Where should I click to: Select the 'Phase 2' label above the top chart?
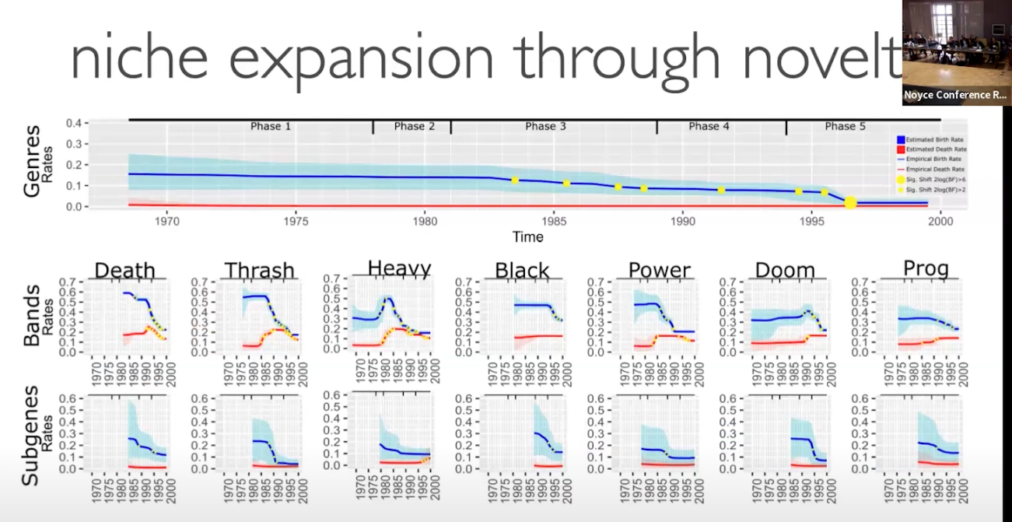coord(415,126)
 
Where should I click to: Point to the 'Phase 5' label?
coord(845,126)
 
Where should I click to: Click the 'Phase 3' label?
coord(545,126)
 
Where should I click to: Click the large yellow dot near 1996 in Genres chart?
coord(850,203)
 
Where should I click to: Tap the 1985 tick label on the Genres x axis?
coord(554,220)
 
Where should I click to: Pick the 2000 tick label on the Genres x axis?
coord(941,220)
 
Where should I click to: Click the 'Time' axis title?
coord(527,236)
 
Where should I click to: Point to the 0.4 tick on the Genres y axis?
coord(74,124)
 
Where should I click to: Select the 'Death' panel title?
coord(124,271)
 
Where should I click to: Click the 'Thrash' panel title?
coord(260,271)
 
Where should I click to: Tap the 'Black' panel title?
coord(522,271)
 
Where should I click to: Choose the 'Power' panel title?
coord(660,271)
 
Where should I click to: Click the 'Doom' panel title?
coord(785,271)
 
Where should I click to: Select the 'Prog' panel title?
coord(926,269)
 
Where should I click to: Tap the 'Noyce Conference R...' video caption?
coord(955,96)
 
